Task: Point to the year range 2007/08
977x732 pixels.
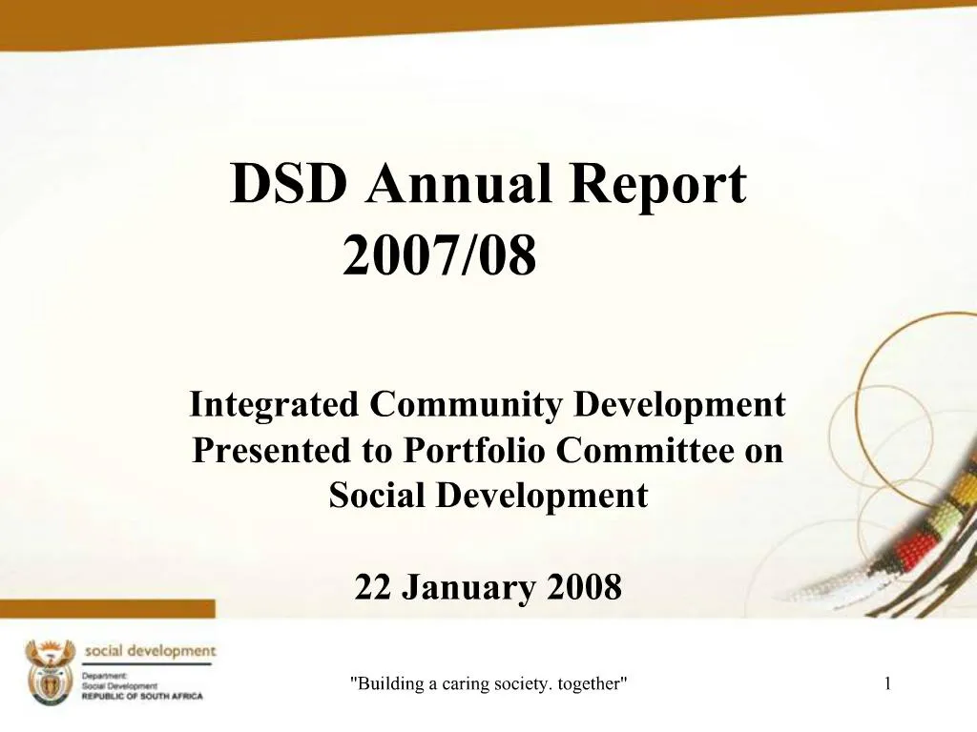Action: click(x=440, y=256)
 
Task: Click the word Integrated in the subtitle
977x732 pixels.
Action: click(x=275, y=405)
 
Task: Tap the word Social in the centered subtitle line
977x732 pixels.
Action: click(x=379, y=496)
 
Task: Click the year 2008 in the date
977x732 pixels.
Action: click(x=584, y=588)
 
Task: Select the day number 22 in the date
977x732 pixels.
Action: click(x=373, y=588)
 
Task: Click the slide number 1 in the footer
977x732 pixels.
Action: click(x=887, y=682)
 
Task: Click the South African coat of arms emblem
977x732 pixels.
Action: click(x=50, y=673)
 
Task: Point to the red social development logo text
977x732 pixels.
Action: click(x=150, y=651)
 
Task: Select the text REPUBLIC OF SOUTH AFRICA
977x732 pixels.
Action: click(x=142, y=697)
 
